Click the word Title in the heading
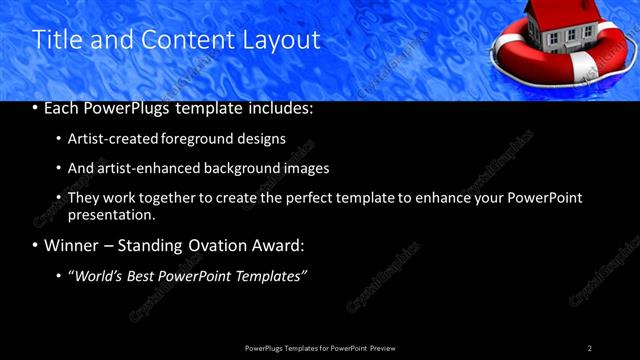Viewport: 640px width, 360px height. pos(55,40)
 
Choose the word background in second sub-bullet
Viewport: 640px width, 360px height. pos(245,168)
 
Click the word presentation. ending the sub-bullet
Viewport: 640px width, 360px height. pos(111,214)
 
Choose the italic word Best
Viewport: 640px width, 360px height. pos(150,275)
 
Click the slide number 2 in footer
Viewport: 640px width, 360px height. pos(590,348)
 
